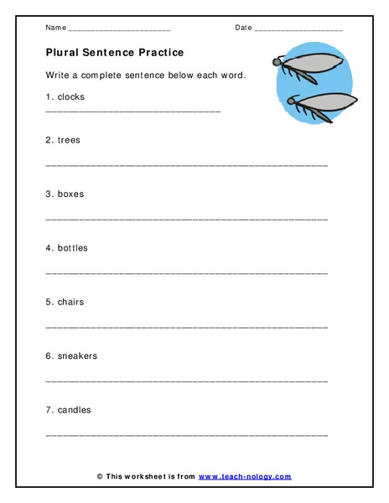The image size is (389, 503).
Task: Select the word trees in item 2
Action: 69,139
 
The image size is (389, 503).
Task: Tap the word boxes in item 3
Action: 70,194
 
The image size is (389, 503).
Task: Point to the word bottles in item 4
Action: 72,247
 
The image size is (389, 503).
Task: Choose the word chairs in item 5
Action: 70,302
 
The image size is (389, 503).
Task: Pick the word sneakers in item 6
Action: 77,355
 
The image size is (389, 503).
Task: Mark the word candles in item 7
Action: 74,410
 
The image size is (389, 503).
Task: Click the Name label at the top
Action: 55,28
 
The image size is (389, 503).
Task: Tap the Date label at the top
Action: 243,28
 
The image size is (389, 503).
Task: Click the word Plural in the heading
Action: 64,52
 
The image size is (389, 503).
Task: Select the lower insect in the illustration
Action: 319,106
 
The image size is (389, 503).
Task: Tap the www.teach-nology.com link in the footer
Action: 246,476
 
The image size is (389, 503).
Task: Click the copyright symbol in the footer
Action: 100,476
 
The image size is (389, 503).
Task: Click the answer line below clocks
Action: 132,111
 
